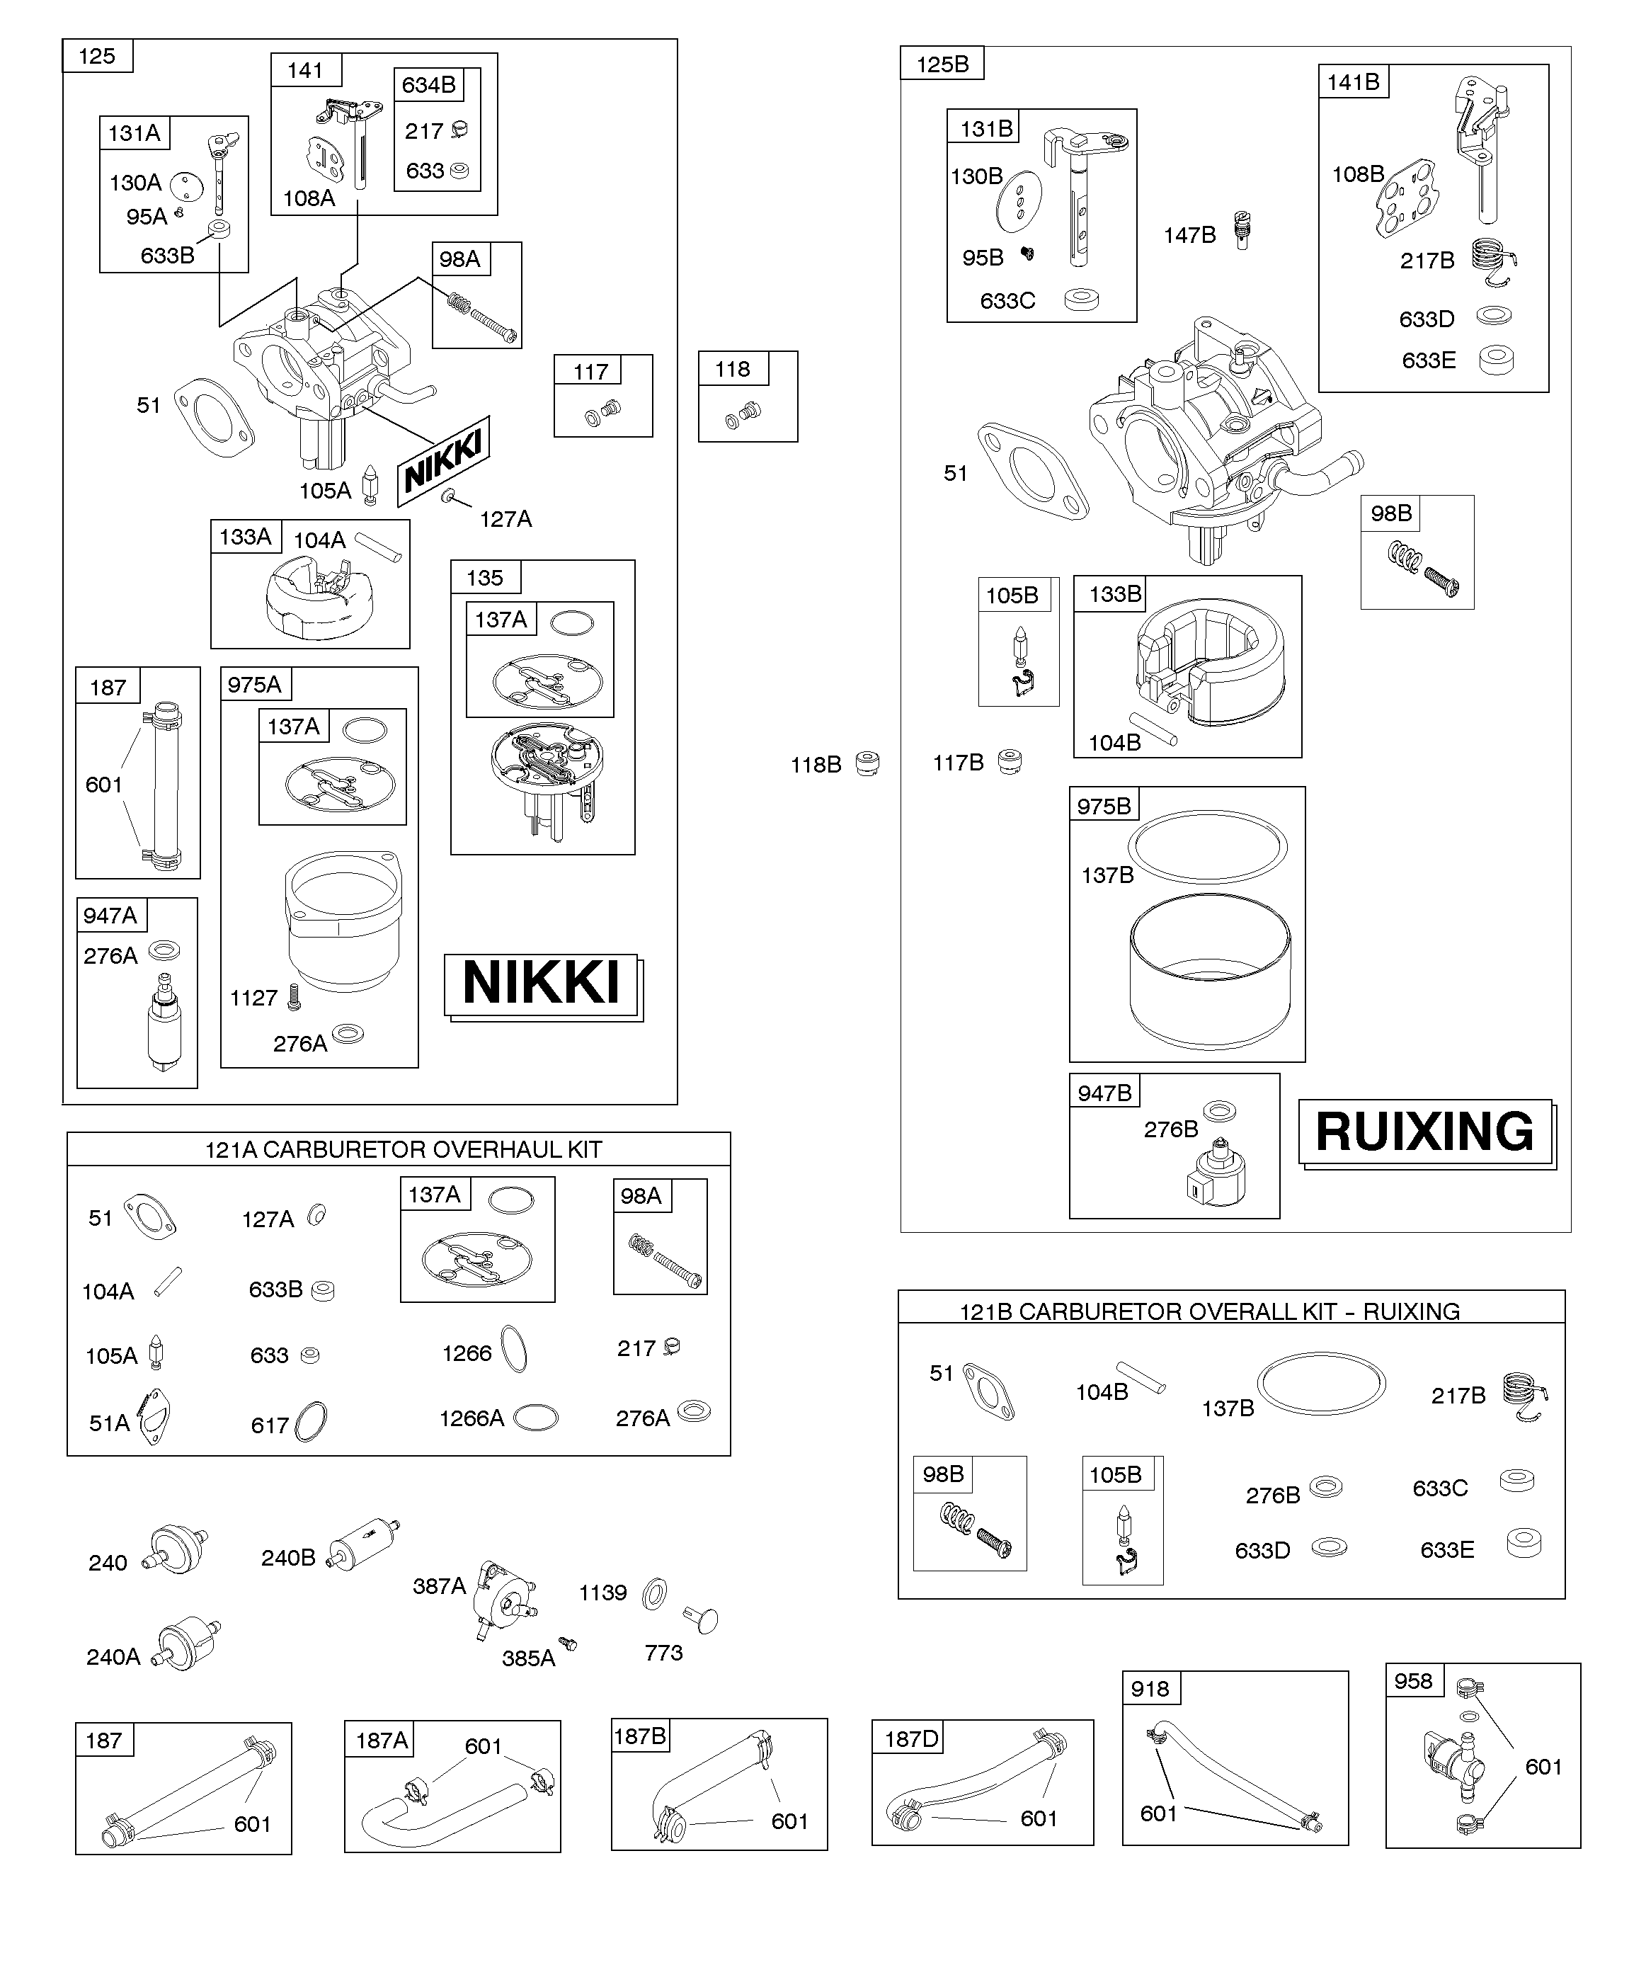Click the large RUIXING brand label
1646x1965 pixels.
1424,1132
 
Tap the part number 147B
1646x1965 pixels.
1189,236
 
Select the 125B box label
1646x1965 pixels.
942,64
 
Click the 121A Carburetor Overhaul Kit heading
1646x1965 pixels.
404,1149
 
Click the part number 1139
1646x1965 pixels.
602,1593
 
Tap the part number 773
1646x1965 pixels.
663,1653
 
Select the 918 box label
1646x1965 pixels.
1150,1689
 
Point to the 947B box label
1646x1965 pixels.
1104,1093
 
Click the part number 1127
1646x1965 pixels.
253,998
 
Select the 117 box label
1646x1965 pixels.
590,372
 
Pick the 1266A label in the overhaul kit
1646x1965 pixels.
471,1418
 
